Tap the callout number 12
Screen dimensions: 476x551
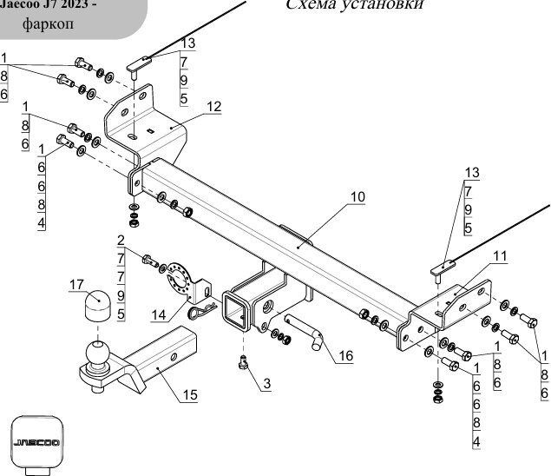(x=214, y=106)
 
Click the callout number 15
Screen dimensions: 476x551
(x=190, y=395)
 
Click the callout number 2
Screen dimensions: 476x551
(x=121, y=240)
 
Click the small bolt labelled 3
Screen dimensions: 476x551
(x=245, y=363)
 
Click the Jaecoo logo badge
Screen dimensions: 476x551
(x=36, y=443)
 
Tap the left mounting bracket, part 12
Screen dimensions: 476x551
(x=148, y=126)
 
